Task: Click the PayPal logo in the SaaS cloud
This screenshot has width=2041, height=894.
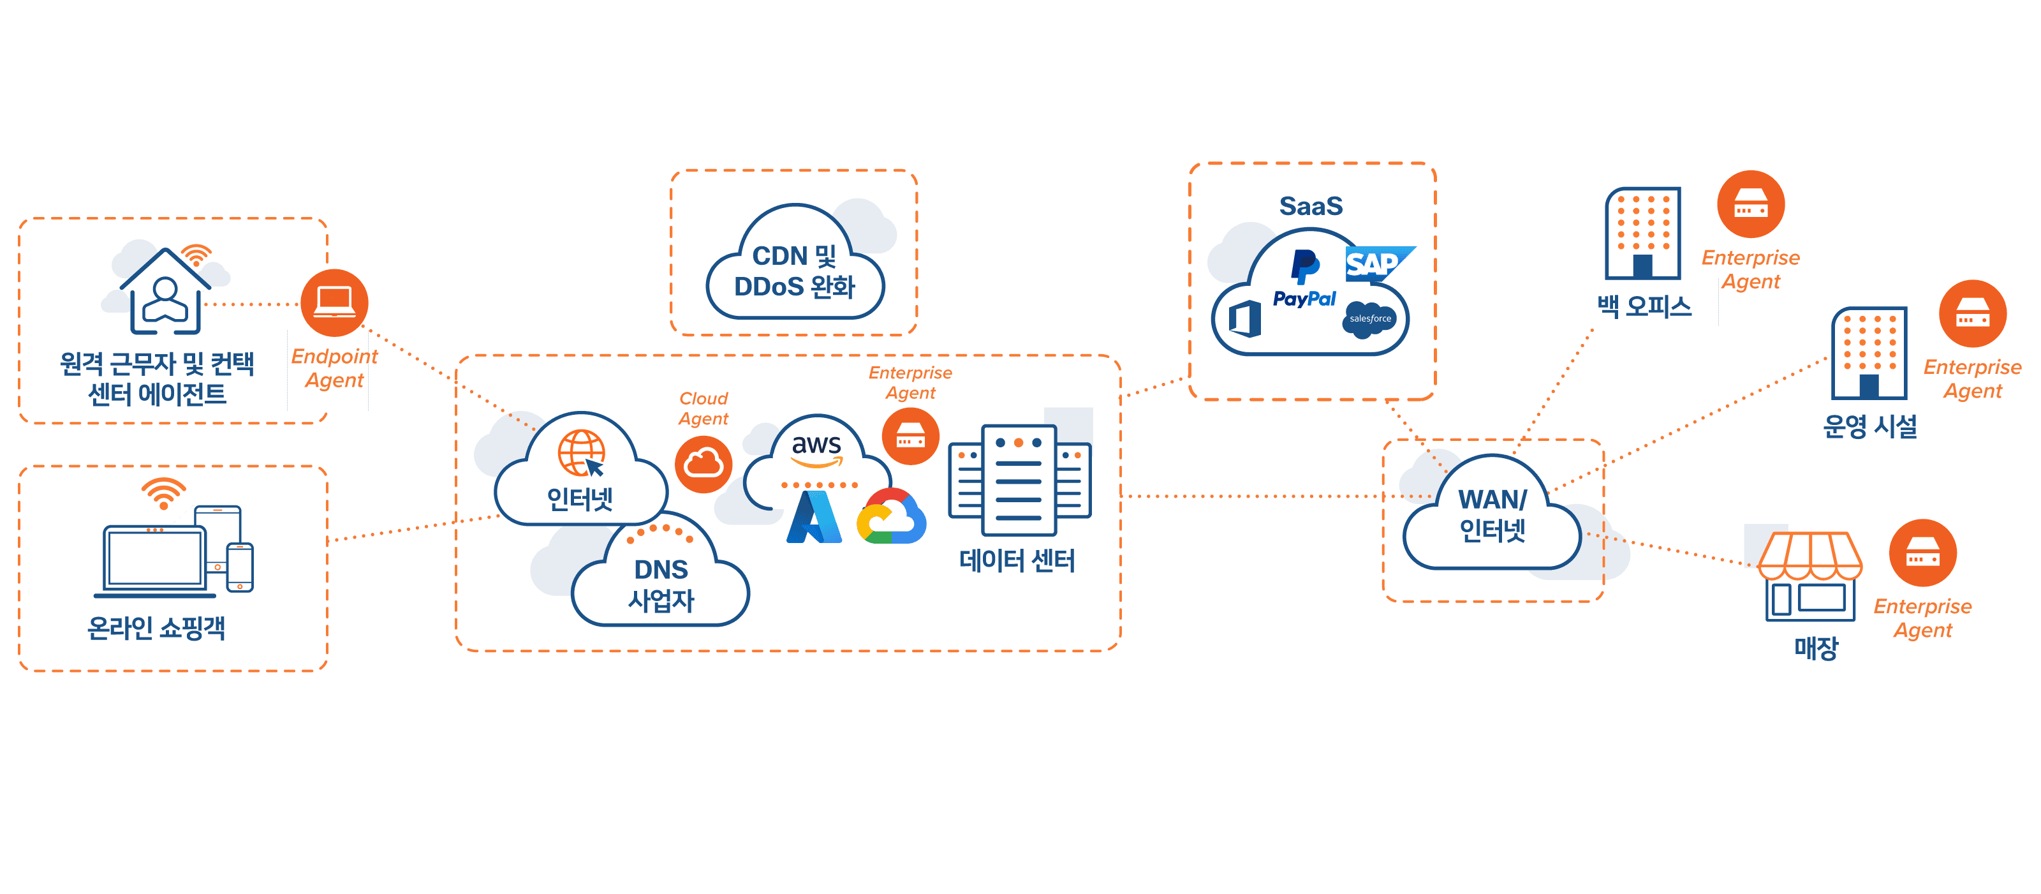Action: (x=1304, y=279)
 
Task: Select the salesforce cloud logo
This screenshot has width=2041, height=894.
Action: (x=1370, y=318)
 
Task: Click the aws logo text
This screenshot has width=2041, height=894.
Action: (x=816, y=446)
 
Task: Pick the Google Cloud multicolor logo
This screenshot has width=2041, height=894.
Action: (x=892, y=518)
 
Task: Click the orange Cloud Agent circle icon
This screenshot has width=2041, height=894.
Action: (x=703, y=464)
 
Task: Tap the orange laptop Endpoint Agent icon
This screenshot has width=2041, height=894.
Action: (x=334, y=302)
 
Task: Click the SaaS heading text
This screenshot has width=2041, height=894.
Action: (x=1311, y=206)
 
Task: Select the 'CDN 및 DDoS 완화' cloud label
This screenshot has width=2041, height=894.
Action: (x=795, y=271)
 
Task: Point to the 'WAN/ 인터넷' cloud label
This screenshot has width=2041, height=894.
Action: (x=1492, y=514)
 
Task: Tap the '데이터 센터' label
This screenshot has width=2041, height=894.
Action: (x=1017, y=560)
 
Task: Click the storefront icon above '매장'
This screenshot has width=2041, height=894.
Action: (x=1809, y=576)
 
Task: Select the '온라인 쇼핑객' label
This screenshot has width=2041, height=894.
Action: (x=156, y=629)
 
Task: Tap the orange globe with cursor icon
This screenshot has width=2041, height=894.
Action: (x=582, y=453)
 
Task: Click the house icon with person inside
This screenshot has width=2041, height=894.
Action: (x=166, y=294)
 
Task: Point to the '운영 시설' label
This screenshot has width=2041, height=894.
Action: (x=1870, y=426)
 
